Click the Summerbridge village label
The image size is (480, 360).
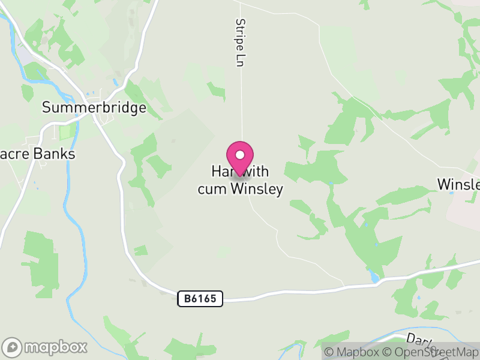point(94,108)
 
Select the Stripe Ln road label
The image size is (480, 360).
point(241,43)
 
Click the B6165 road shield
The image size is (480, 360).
point(200,298)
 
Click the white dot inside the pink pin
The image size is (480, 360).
point(240,155)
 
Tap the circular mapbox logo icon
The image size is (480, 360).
point(13,347)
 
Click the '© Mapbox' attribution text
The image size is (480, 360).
point(351,352)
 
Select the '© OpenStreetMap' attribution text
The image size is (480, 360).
point(431,352)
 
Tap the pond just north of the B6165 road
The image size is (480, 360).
point(375,277)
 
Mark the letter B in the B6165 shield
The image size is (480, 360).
point(187,298)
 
